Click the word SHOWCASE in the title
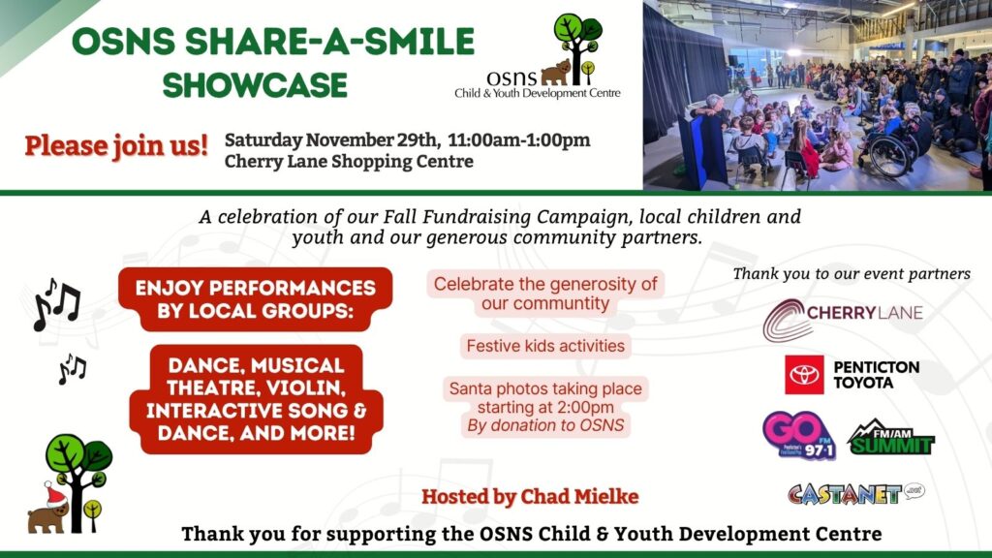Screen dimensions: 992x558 click(x=255, y=85)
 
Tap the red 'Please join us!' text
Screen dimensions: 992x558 click(x=116, y=145)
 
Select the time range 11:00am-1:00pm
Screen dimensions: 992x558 click(x=519, y=139)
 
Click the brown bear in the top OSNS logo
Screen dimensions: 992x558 click(x=555, y=73)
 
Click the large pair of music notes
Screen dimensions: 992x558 click(x=57, y=304)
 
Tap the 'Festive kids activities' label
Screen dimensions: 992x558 click(x=545, y=346)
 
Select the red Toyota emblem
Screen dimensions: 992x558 click(x=804, y=375)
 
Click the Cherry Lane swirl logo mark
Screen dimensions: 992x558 click(x=787, y=320)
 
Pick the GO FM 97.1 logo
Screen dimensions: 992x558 click(x=799, y=435)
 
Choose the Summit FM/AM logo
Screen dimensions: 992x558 click(x=891, y=437)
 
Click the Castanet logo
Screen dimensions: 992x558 click(x=856, y=493)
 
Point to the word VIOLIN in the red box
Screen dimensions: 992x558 click(x=305, y=387)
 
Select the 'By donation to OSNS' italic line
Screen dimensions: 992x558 click(x=545, y=426)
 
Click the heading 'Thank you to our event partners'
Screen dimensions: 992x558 click(x=852, y=274)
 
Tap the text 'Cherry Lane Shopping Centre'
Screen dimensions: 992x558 click(x=349, y=162)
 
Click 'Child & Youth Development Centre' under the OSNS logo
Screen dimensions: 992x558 click(x=537, y=93)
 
